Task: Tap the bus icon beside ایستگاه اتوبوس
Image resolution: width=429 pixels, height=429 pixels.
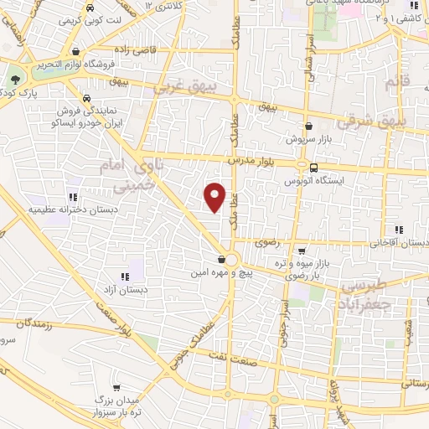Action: click(313, 167)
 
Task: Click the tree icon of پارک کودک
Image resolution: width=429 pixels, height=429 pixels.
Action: click(15, 80)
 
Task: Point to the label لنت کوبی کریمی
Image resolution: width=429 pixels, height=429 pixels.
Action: click(91, 18)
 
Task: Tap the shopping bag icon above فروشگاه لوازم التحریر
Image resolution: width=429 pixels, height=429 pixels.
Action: click(76, 51)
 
